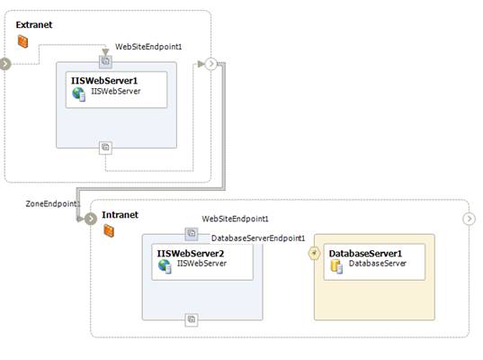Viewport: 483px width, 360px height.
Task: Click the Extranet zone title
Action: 34,24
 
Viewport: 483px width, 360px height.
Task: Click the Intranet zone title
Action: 120,214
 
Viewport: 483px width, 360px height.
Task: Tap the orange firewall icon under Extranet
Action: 22,41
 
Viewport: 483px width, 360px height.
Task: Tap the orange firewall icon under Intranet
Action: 109,230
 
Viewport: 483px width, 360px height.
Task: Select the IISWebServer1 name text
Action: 104,80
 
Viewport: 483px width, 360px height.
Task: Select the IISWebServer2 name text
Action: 191,254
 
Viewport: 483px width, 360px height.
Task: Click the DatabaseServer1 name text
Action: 365,254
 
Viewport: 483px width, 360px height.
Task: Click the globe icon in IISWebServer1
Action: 78,94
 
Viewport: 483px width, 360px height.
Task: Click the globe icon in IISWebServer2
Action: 165,266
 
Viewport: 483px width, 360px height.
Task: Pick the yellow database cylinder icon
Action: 336,266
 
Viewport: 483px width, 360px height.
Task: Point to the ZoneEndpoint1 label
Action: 53,203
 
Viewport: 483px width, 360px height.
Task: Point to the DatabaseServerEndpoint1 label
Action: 258,238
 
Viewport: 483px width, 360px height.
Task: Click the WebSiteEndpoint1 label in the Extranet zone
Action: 148,47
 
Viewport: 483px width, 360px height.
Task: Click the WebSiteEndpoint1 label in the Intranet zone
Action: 235,219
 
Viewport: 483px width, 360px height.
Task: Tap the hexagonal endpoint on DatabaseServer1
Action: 314,254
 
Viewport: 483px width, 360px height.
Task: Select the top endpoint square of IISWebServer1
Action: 105,61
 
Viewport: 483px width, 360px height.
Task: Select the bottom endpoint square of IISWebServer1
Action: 105,148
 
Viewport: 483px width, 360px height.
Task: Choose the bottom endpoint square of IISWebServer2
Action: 192,319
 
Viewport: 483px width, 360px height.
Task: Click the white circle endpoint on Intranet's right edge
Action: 469,219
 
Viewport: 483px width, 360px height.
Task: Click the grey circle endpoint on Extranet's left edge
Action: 4,64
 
